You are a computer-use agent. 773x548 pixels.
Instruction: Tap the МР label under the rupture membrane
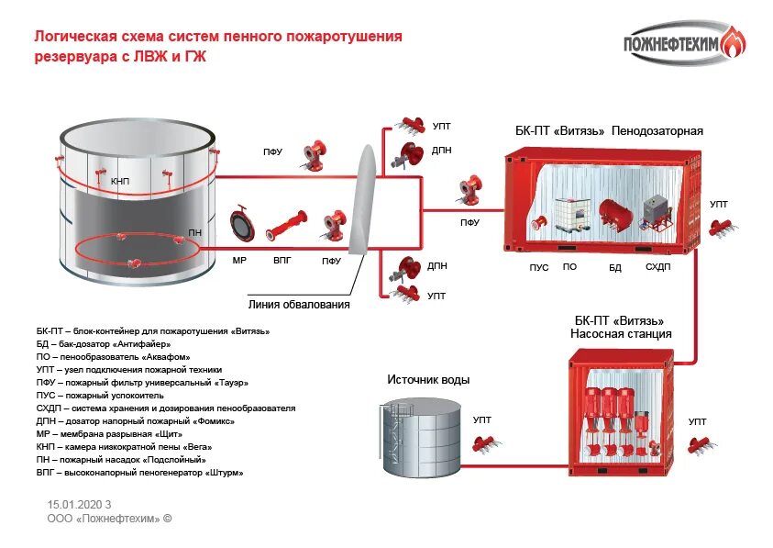239,261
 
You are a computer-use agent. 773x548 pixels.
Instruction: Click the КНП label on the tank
120,182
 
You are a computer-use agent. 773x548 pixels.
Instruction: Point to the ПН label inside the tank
195,233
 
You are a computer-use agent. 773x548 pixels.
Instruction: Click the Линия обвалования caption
299,304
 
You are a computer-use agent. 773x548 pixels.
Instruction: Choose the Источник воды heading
428,379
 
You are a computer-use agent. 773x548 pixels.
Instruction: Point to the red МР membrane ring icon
240,224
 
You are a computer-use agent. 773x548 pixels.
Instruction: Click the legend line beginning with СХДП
166,408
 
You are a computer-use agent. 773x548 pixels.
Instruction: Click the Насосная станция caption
621,334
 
